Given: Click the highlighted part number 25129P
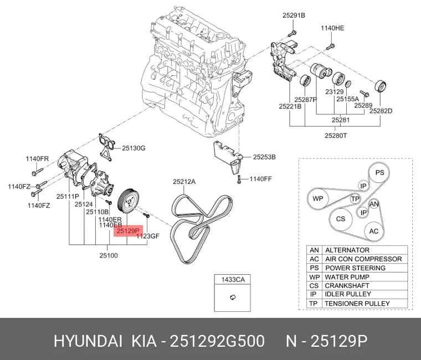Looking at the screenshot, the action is tap(128, 230).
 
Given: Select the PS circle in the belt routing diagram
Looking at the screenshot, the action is tap(379, 173).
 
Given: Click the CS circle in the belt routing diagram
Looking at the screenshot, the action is tap(341, 219).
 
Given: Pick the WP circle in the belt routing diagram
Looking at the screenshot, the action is tap(318, 199).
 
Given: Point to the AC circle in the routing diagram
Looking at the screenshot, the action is tap(374, 232).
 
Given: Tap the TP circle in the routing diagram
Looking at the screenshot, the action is tap(355, 199).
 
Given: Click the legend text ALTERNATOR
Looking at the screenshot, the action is tap(347, 250).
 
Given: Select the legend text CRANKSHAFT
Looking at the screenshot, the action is tap(347, 286).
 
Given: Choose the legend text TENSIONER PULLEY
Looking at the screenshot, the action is tap(357, 304).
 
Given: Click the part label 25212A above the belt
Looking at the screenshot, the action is tap(184, 182).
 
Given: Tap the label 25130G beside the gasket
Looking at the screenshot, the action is tap(134, 148).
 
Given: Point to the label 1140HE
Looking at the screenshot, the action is tap(332, 28).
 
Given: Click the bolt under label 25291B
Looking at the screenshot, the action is tap(292, 34).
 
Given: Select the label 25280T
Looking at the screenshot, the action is tap(336, 136).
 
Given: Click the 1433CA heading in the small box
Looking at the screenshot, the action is tap(233, 280).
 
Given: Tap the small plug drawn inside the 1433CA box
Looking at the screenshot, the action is tap(233, 297).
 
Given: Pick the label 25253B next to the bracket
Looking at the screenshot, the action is tap(264, 157).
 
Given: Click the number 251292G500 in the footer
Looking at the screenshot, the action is tap(218, 342).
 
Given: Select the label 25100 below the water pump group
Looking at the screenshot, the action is tap(109, 255).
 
